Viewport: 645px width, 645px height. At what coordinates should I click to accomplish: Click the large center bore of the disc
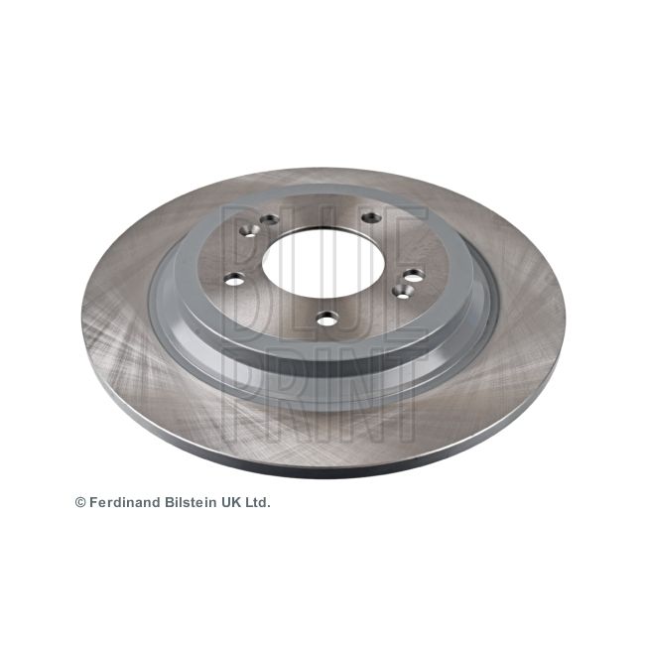click(x=323, y=263)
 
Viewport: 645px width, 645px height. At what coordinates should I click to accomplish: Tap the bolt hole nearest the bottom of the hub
click(x=327, y=318)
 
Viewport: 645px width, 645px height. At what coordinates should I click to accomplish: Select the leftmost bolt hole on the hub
click(x=234, y=280)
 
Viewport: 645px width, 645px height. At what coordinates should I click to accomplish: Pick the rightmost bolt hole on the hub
click(x=413, y=275)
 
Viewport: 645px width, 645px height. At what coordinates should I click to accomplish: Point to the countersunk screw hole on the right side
click(x=402, y=291)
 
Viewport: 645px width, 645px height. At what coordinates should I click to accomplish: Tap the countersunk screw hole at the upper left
click(x=250, y=231)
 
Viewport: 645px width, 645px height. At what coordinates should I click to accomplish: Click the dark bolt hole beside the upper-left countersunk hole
click(x=270, y=219)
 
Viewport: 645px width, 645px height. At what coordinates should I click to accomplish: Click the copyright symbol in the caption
click(x=80, y=502)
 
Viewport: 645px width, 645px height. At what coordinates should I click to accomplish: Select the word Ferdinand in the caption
click(x=125, y=502)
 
